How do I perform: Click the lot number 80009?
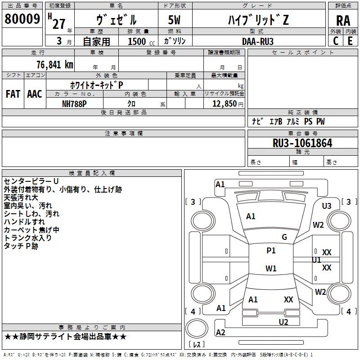[x=22, y=19]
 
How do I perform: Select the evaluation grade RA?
[x=343, y=21]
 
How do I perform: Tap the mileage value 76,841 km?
[x=55, y=65]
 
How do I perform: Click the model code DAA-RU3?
[x=258, y=41]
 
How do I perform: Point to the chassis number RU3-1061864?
[x=302, y=143]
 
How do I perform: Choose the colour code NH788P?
[x=74, y=104]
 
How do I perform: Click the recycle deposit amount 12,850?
[x=224, y=104]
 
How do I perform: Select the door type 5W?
[x=174, y=20]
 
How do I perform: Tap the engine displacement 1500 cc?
[x=141, y=41]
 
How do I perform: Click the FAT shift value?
[x=13, y=94]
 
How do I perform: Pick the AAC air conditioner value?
[x=35, y=94]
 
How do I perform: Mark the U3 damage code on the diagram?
[x=327, y=206]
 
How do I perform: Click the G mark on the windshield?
[x=284, y=237]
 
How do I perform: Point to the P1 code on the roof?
[x=271, y=251]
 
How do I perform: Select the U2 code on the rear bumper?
[x=283, y=322]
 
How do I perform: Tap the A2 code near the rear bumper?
[x=220, y=332]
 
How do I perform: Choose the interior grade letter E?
[x=350, y=41]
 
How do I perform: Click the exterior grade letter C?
[x=336, y=41]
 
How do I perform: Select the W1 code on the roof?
[x=271, y=268]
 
